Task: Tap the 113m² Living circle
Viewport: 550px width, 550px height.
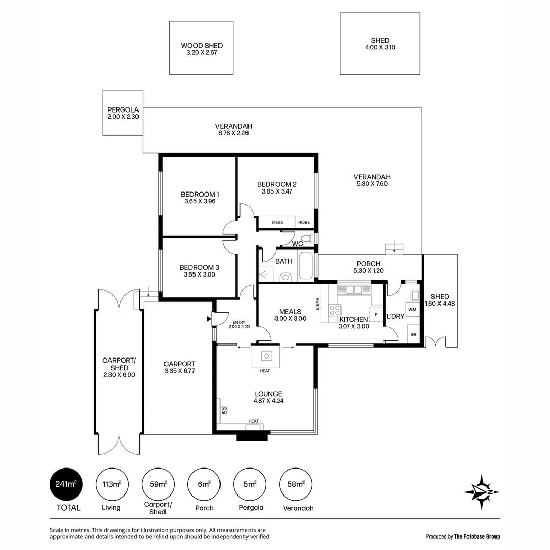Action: (112, 484)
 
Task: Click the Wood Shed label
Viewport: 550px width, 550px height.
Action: (202, 46)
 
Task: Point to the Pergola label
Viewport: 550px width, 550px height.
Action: (123, 109)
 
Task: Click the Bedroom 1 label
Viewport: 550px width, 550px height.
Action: (200, 194)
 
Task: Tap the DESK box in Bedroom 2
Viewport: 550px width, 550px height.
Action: (277, 223)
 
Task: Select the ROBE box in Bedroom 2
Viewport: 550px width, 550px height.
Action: (304, 223)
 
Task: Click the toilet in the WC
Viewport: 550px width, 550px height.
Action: (307, 238)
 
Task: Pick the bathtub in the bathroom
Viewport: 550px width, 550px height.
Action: (306, 265)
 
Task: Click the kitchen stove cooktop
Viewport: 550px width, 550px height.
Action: (335, 310)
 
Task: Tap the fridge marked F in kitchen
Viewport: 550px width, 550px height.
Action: (376, 314)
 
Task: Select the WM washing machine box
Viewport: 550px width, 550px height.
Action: (412, 309)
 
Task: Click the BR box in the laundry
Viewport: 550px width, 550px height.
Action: (413, 335)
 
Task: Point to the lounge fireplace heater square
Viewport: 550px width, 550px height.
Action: (265, 356)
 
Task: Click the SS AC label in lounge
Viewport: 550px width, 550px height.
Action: (224, 410)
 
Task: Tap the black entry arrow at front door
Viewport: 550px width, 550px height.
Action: (208, 319)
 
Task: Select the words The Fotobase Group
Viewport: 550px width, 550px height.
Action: (477, 536)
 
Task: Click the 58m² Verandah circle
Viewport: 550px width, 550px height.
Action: (296, 484)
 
